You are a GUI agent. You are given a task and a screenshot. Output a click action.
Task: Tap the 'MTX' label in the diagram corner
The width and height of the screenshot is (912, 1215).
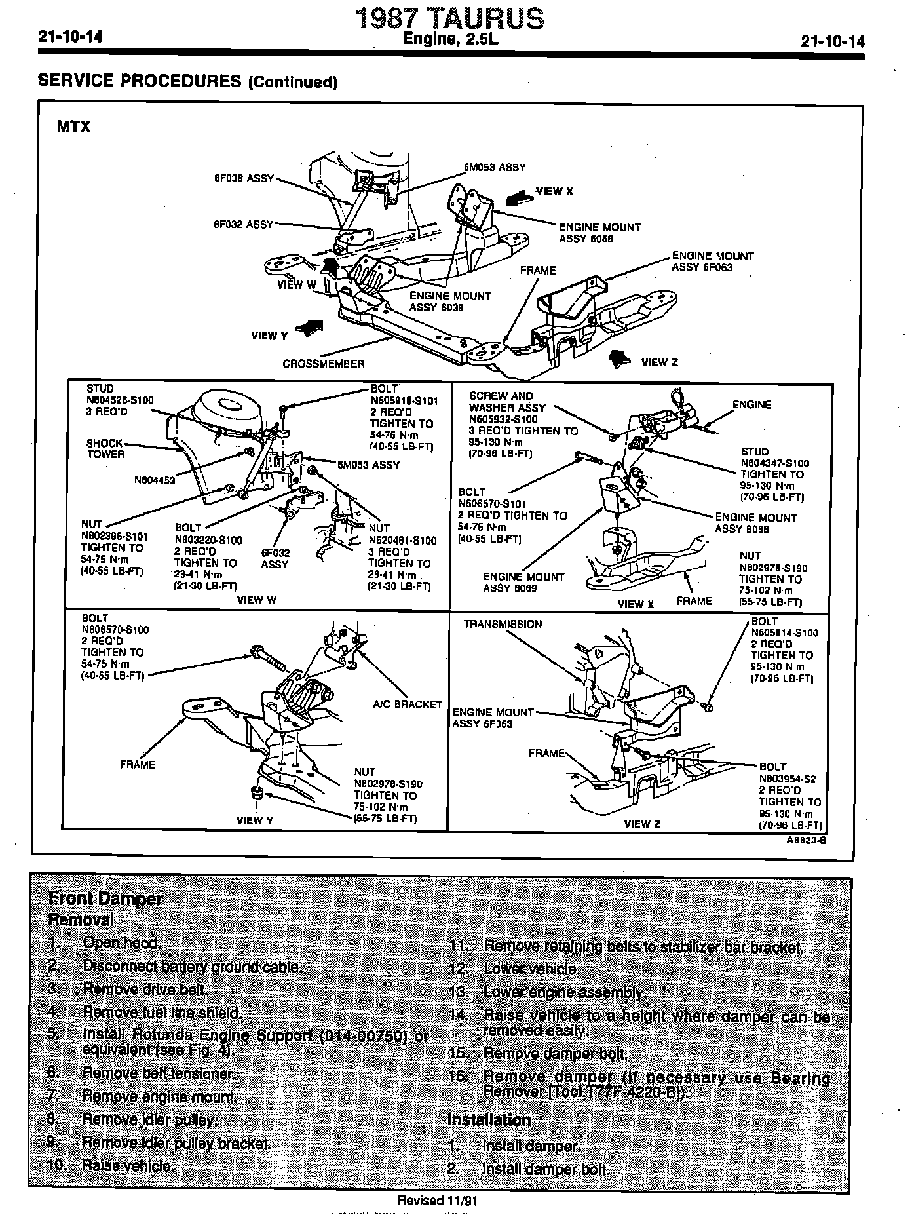tap(73, 126)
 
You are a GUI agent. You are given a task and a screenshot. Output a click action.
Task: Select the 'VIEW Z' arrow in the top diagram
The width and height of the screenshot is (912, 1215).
tap(619, 360)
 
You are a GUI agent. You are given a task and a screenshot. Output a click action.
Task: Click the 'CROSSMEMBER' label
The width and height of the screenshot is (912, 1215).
tap(323, 364)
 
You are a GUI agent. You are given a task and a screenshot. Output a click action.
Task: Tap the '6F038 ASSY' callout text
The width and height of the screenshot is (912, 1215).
tap(243, 178)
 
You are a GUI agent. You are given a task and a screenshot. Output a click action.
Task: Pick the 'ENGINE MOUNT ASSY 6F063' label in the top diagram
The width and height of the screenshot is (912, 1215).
tap(712, 261)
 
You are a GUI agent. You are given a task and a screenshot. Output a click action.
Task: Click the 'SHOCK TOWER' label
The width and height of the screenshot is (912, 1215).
tap(105, 448)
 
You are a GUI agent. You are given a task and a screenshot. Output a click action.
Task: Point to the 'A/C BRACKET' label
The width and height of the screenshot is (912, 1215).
tap(408, 704)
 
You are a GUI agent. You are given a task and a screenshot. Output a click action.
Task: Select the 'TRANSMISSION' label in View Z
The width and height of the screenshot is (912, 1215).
tap(503, 624)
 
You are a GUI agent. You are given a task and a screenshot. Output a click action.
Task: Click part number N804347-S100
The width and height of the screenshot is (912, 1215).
tap(774, 463)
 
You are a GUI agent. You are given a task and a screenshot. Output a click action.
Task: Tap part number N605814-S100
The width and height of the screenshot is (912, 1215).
tap(784, 632)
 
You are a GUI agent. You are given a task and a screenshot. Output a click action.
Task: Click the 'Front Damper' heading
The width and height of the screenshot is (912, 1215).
tap(105, 898)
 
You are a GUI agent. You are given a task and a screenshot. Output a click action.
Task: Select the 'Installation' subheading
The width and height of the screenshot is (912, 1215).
tap(489, 1119)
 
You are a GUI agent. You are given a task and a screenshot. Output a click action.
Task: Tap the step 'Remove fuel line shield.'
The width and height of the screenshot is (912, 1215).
tap(162, 1013)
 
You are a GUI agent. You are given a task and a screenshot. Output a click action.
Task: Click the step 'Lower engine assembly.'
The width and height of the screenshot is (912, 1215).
tap(564, 992)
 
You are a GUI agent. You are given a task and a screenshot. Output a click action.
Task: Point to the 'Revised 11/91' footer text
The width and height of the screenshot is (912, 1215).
tap(439, 1201)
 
